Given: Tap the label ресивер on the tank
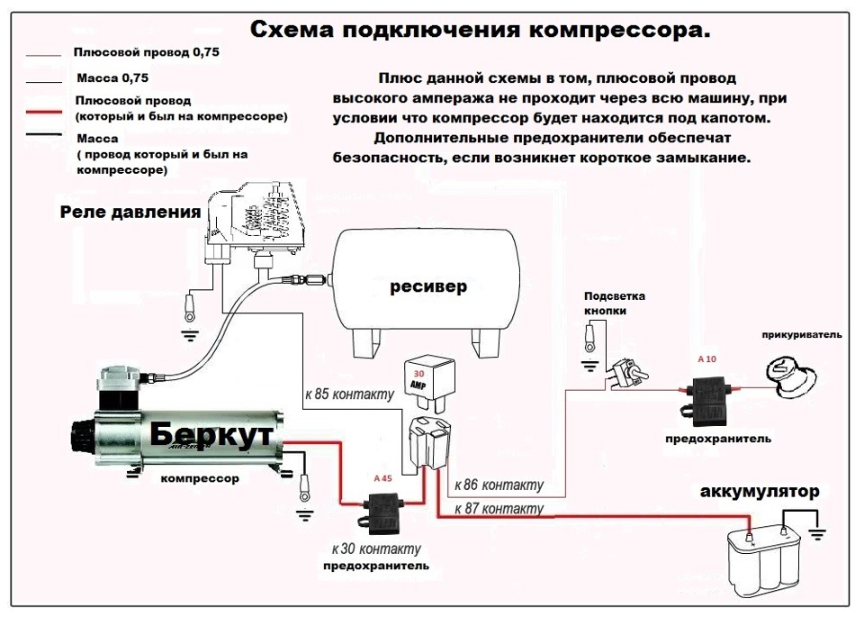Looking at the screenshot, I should tap(428, 286).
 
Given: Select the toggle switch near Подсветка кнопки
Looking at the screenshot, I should tap(626, 372).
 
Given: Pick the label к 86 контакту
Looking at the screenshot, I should tap(499, 485).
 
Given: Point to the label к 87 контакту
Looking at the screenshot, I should tap(499, 509).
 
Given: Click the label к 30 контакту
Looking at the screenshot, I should tap(375, 549).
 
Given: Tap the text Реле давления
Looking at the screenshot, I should tap(130, 213).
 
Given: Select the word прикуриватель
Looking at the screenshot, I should tap(800, 335).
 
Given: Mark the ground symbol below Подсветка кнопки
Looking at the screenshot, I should tap(589, 364).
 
